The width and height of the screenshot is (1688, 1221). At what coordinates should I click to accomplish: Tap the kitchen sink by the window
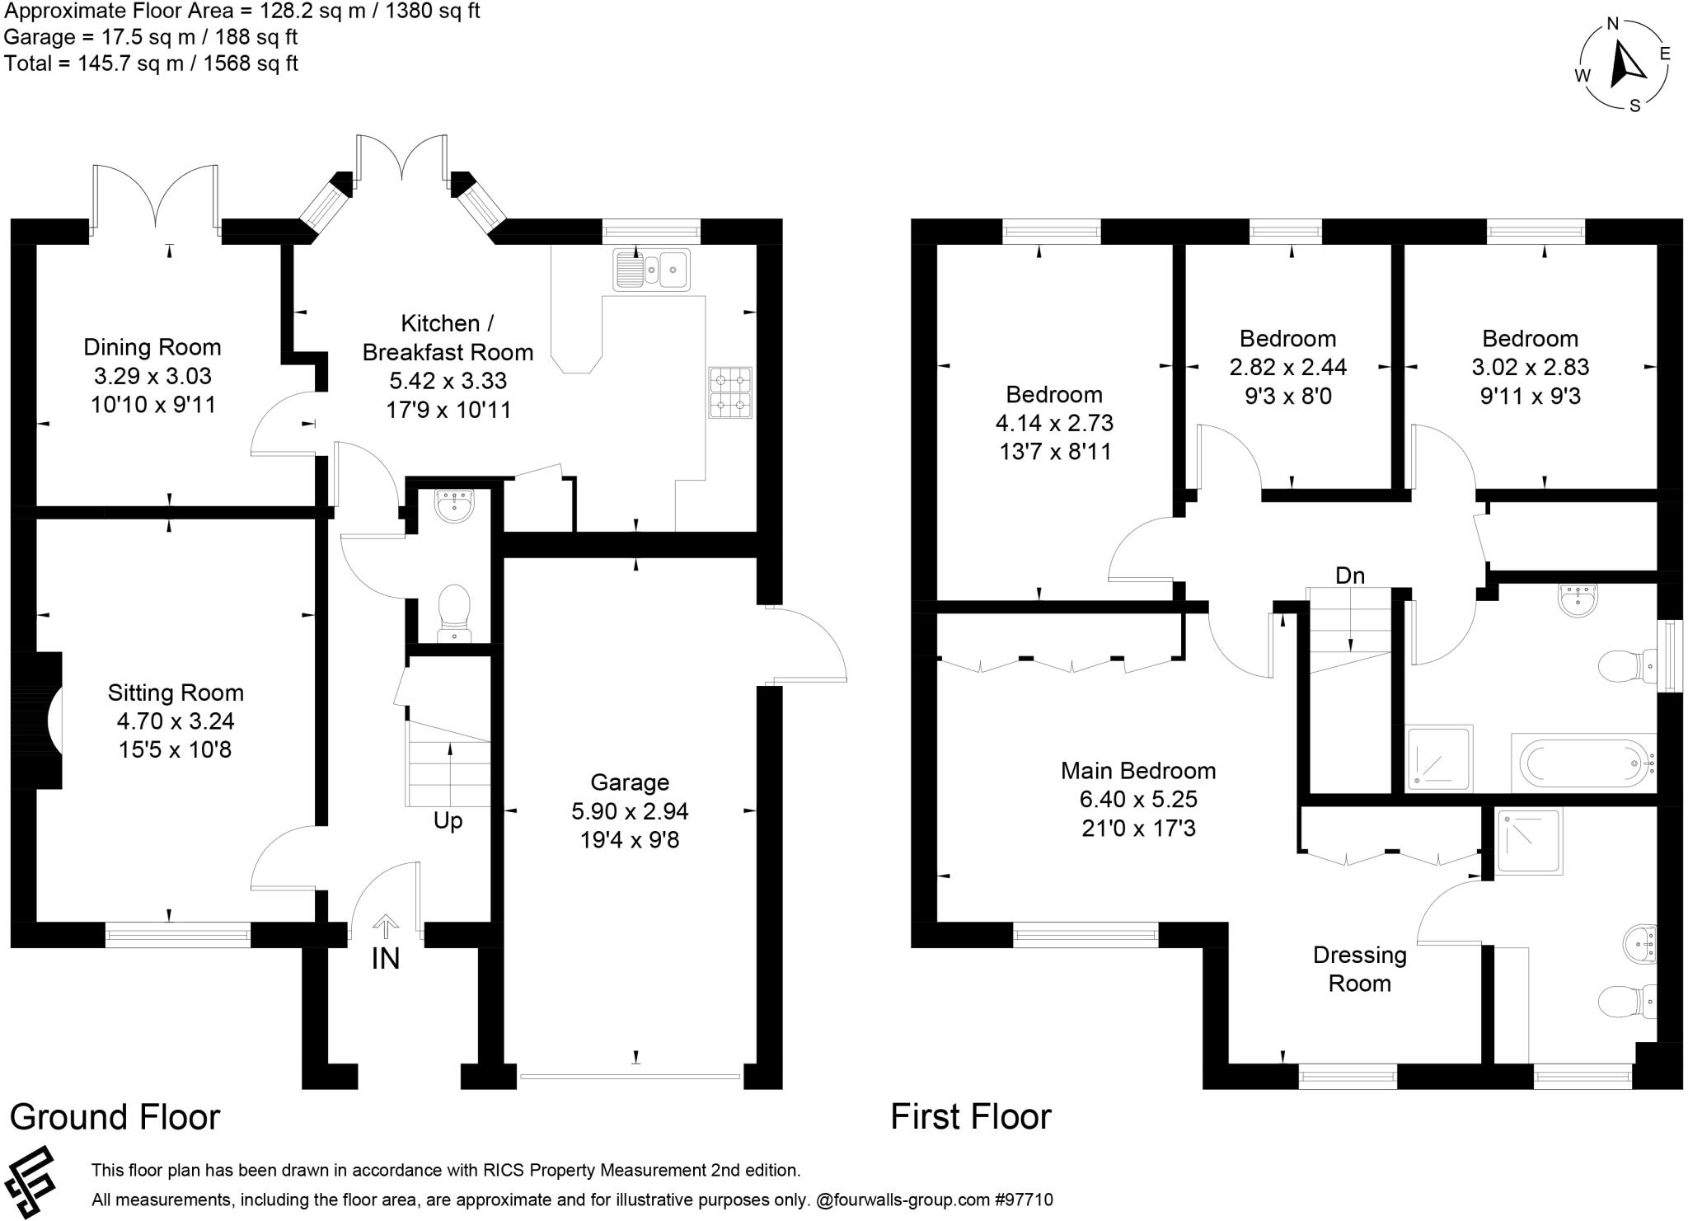click(651, 269)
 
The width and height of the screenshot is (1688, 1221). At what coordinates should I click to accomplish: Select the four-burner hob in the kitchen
click(730, 392)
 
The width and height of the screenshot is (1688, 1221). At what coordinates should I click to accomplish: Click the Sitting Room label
click(176, 693)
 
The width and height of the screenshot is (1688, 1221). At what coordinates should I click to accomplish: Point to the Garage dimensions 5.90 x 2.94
click(630, 811)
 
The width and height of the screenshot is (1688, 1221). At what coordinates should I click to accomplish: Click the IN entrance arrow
click(385, 927)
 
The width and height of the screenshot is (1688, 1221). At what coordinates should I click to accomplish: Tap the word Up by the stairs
click(448, 821)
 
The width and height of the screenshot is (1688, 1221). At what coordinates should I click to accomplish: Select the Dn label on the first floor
click(1350, 575)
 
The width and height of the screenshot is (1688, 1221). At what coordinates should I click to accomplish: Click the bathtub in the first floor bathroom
click(1583, 763)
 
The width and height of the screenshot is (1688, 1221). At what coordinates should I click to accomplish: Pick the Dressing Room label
click(1360, 969)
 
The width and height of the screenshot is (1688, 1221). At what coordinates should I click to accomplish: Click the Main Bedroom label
click(1138, 771)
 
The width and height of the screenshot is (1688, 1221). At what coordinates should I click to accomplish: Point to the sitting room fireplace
click(38, 720)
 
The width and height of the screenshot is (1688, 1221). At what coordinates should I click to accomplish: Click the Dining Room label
click(152, 347)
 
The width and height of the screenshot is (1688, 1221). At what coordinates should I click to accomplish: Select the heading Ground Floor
click(115, 1117)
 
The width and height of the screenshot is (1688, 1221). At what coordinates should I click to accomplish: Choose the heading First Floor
click(971, 1117)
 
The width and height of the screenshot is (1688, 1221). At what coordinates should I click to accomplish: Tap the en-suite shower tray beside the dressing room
click(1530, 842)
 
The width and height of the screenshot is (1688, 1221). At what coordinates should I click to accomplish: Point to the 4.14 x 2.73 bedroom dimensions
click(1055, 423)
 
